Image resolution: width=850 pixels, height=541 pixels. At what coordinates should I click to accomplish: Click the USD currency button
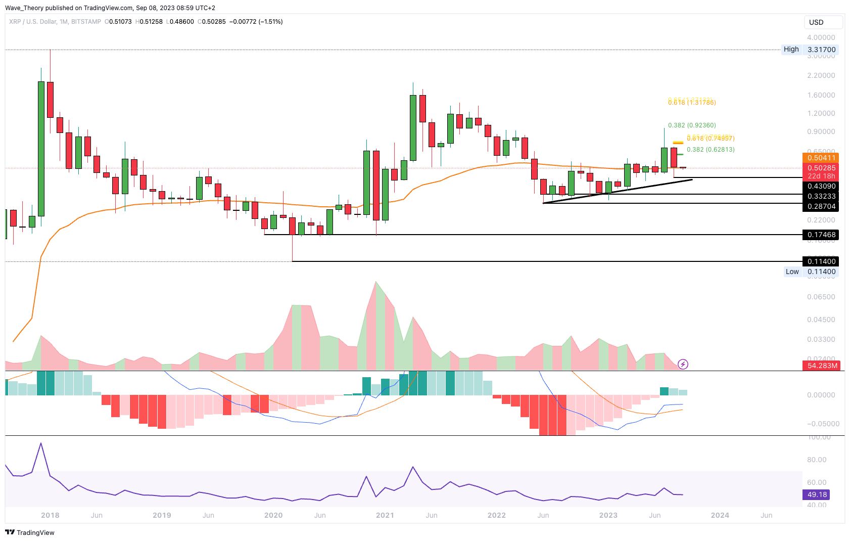pyautogui.click(x=823, y=22)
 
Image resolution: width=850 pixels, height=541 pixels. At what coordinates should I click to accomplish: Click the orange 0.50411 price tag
pyautogui.click(x=821, y=158)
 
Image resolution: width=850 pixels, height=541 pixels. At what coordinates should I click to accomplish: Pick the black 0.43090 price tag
pyautogui.click(x=821, y=186)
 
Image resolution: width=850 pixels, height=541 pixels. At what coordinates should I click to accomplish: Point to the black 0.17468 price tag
pyautogui.click(x=821, y=235)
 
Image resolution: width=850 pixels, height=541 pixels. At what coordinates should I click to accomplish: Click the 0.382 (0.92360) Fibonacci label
pyautogui.click(x=692, y=125)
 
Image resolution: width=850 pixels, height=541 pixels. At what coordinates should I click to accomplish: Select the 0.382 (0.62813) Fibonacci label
pyautogui.click(x=711, y=150)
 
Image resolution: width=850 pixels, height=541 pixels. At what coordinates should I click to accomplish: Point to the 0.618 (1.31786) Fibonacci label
pyautogui.click(x=692, y=103)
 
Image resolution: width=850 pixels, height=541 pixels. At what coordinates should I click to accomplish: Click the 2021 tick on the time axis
pyautogui.click(x=385, y=515)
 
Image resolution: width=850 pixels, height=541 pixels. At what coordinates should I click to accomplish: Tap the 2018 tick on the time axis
pyautogui.click(x=50, y=515)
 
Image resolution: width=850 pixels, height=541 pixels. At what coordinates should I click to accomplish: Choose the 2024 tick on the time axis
pyautogui.click(x=720, y=515)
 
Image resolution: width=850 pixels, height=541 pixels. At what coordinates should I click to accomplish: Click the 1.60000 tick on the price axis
pyautogui.click(x=821, y=95)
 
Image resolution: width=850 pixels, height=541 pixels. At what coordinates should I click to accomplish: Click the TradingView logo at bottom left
pyautogui.click(x=30, y=532)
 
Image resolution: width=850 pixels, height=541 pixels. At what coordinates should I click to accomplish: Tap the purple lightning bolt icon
pyautogui.click(x=683, y=364)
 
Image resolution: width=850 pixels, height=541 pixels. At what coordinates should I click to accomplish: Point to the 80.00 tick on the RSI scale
pyautogui.click(x=817, y=460)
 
